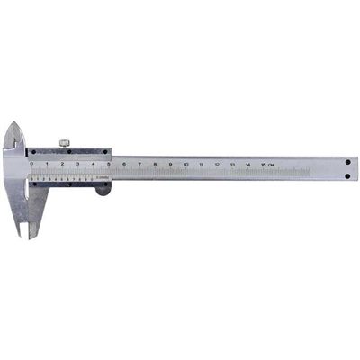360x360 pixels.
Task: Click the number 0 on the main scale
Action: [32, 164]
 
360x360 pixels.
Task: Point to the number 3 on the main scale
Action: [78, 164]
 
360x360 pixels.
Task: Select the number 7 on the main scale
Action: [139, 165]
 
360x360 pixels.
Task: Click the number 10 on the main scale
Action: [185, 165]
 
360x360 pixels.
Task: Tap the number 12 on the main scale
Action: [217, 165]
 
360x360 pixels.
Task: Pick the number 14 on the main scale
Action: [247, 165]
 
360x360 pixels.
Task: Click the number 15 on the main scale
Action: [262, 165]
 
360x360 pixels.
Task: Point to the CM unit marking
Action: [271, 165]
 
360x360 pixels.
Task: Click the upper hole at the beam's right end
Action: [348, 163]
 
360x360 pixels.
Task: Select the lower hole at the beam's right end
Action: [348, 175]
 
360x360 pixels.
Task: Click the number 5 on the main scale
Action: [109, 164]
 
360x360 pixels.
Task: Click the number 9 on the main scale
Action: [170, 165]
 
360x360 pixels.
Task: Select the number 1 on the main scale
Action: [48, 164]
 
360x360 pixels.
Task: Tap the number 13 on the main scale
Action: [232, 165]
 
